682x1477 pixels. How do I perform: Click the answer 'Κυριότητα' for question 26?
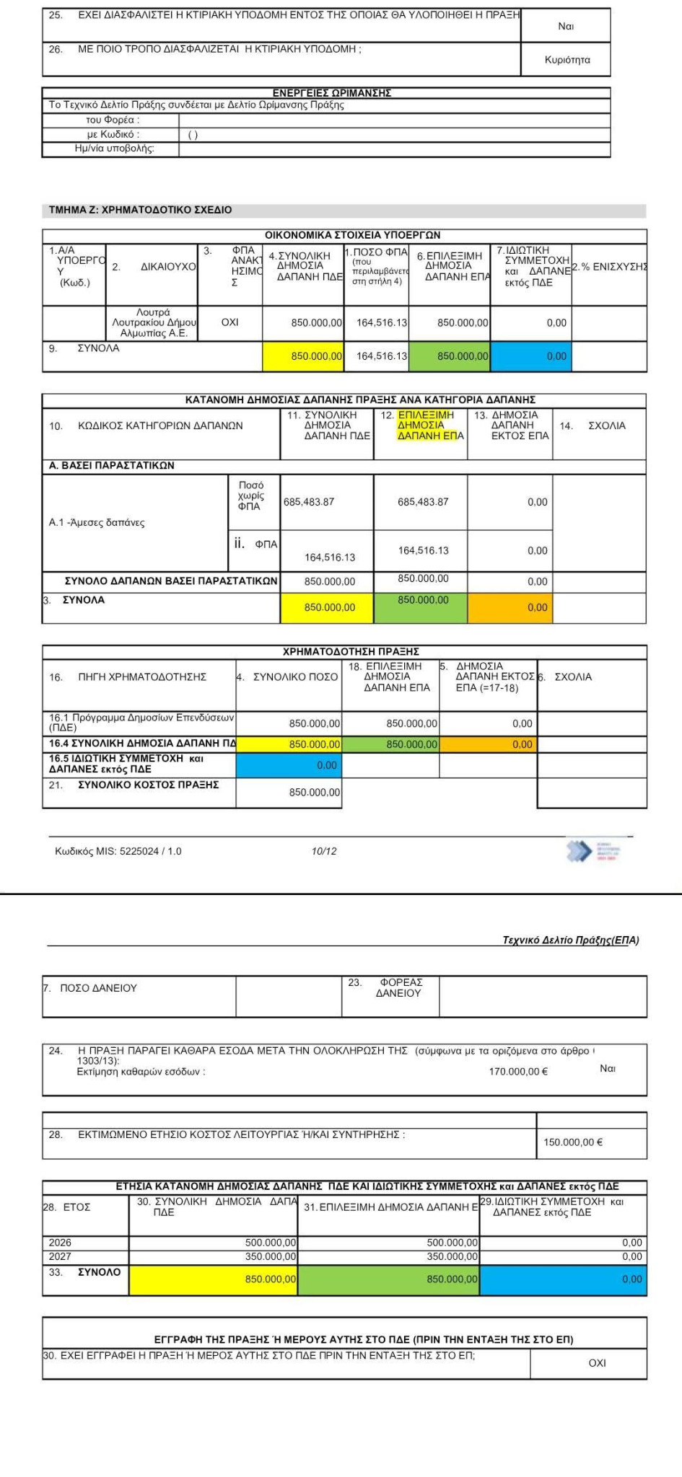[567, 60]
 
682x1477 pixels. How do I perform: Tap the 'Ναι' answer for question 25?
[566, 26]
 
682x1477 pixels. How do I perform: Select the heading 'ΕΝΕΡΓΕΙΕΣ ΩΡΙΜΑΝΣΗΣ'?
[331, 93]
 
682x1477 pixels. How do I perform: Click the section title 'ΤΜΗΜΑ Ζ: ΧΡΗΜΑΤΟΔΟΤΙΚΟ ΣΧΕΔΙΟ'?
[140, 210]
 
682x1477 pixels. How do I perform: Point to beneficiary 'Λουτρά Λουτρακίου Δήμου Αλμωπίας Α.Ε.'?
[153, 322]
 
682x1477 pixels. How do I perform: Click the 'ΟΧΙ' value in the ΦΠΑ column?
[229, 322]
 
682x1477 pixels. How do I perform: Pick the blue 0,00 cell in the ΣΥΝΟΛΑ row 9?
[556, 356]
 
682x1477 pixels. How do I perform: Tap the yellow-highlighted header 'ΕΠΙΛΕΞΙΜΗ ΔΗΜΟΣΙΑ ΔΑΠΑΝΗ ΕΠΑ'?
[426, 425]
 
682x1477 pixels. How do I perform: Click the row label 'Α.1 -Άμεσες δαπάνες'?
[97, 522]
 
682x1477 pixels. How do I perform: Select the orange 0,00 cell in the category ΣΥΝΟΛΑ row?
[537, 607]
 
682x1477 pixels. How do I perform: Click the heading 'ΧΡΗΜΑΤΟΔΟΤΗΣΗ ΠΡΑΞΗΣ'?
[351, 651]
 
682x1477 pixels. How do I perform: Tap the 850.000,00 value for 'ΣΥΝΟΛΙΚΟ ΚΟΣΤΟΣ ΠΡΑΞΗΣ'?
[314, 792]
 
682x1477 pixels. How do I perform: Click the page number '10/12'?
[324, 851]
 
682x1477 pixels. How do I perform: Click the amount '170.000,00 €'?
[517, 1071]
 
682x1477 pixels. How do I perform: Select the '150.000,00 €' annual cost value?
[573, 1142]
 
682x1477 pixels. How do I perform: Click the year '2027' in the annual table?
[60, 1256]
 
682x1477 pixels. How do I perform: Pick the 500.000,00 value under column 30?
[271, 1243]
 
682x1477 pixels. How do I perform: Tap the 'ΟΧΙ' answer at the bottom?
[597, 1363]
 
